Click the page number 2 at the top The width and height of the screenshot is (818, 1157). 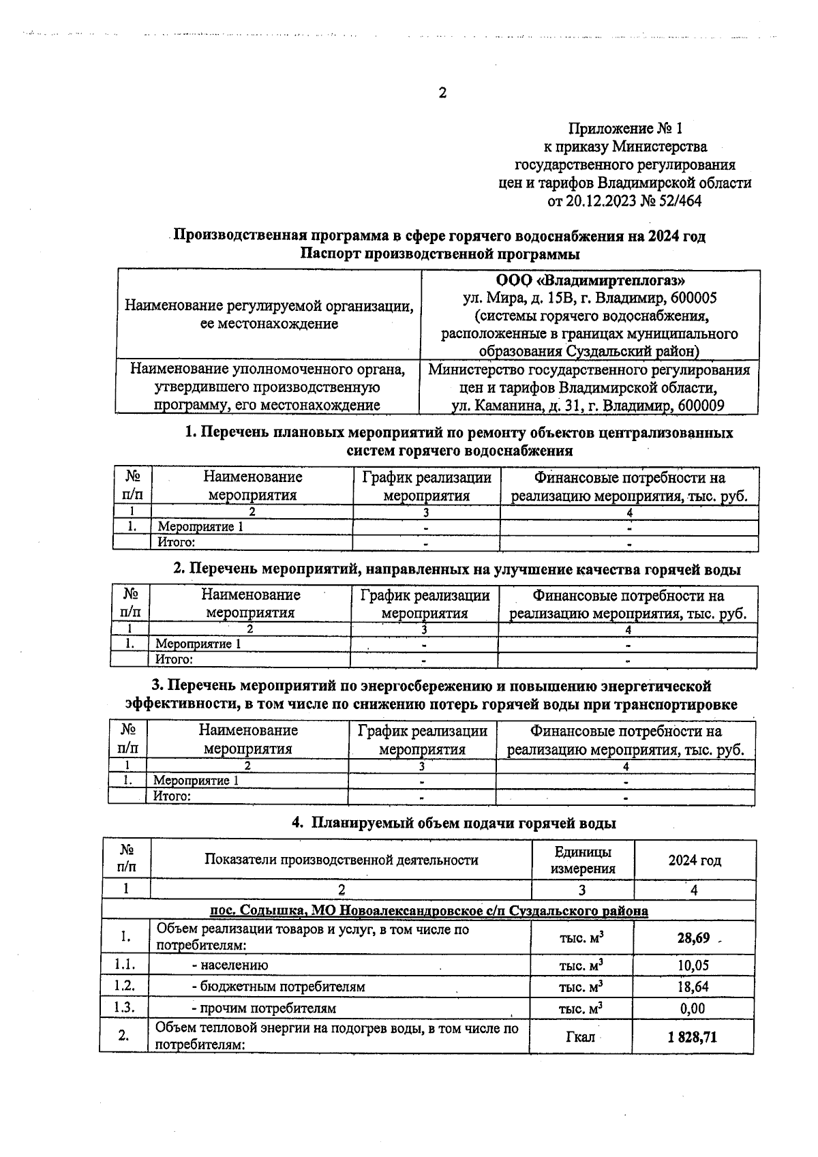(x=442, y=93)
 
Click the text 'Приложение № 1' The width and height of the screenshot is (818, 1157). (x=624, y=128)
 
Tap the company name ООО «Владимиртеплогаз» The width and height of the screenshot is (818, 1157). (x=590, y=280)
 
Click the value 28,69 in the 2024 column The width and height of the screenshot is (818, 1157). (x=693, y=938)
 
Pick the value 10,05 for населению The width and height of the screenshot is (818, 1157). (x=693, y=965)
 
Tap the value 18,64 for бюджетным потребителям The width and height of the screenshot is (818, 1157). (x=693, y=987)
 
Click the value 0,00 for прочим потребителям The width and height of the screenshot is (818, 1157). (x=693, y=1008)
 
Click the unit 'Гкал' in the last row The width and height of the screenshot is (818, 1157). (x=580, y=1037)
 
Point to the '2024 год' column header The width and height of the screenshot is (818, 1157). (x=694, y=860)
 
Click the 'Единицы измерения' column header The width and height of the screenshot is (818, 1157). (x=582, y=860)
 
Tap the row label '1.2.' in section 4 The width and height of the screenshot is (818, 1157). (x=125, y=987)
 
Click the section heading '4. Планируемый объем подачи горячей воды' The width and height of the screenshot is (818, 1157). (x=454, y=823)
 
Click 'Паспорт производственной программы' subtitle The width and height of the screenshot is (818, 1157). (x=440, y=254)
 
